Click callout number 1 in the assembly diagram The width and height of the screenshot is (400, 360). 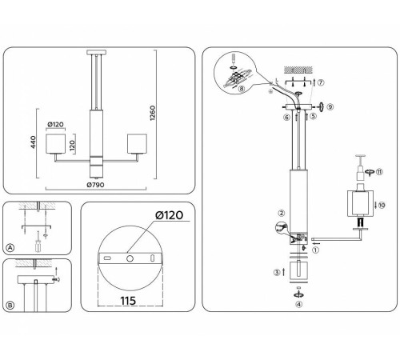[314, 249]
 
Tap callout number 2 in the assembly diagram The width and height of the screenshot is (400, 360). [281, 214]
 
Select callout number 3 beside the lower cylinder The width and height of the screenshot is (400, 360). [275, 273]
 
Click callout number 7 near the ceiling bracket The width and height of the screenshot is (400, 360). [321, 82]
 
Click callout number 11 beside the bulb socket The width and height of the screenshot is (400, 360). [380, 171]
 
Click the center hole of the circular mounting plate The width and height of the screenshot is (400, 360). [129, 258]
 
